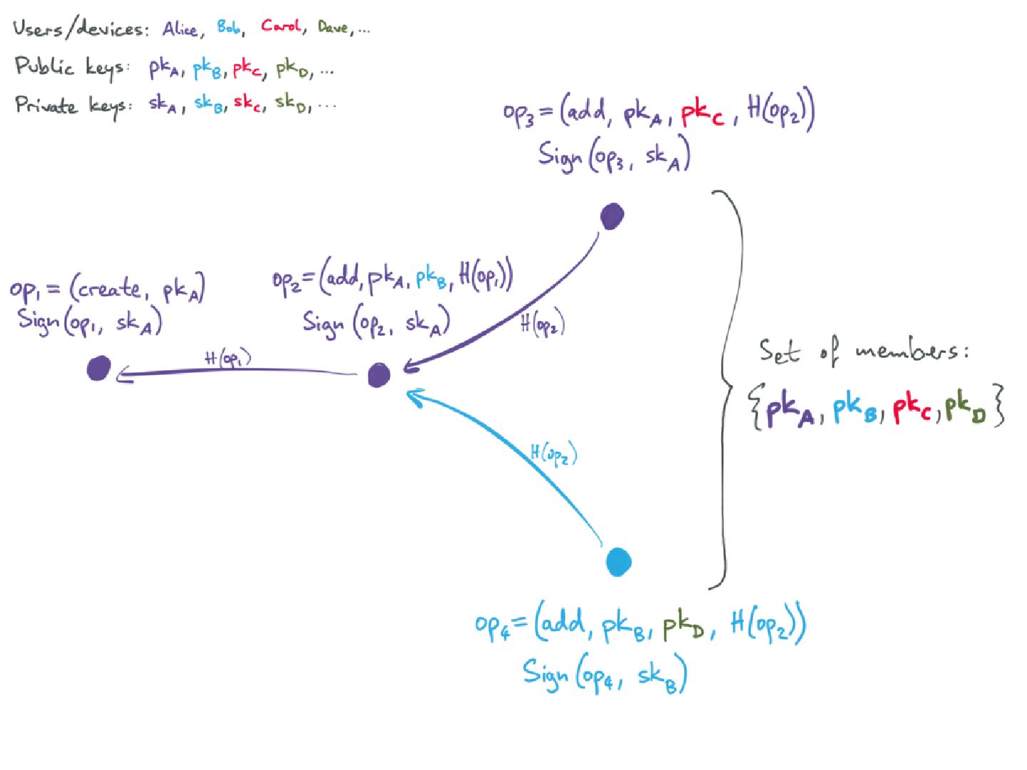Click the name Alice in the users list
180,29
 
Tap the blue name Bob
229,27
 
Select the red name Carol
280,26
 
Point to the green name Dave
333,28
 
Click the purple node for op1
98,369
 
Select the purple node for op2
379,375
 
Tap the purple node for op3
612,216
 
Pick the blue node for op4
618,561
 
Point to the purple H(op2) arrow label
542,324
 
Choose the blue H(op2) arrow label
553,453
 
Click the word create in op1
109,289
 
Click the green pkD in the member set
966,409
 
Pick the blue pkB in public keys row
209,69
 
